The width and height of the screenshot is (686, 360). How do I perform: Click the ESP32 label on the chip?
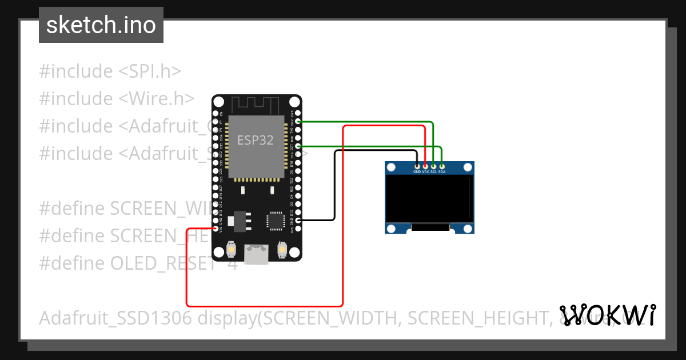point(256,141)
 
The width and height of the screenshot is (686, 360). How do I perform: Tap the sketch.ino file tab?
point(101,25)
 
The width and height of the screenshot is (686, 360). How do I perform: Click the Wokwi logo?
point(608,315)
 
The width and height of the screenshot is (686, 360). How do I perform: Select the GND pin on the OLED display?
point(417,166)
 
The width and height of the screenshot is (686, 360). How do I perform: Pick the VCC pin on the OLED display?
point(425,166)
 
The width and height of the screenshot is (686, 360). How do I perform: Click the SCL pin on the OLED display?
point(433,166)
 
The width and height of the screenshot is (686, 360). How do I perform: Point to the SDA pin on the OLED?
point(441,166)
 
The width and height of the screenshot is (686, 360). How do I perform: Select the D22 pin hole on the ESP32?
point(298,122)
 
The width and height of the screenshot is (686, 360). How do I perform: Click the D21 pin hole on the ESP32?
point(298,146)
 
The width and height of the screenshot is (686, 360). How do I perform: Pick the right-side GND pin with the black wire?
point(298,220)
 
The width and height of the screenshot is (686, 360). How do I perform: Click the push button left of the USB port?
point(232,250)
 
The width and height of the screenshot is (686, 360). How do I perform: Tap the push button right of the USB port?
point(281,250)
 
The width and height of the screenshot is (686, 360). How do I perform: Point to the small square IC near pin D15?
point(275,221)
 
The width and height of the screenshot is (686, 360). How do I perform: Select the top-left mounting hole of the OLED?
point(391,167)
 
